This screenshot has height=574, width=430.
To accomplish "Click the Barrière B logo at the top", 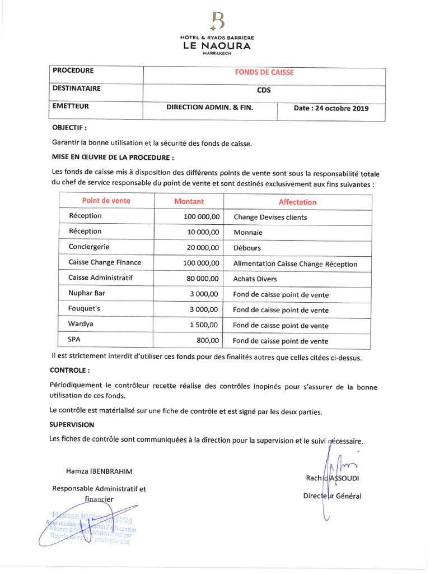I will click(x=217, y=21).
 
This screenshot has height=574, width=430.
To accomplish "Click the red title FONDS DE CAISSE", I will click(x=264, y=72).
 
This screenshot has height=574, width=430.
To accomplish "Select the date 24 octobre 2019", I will click(x=331, y=109).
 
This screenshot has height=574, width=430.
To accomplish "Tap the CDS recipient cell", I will click(x=264, y=90).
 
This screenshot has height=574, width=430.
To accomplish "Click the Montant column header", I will click(x=189, y=201).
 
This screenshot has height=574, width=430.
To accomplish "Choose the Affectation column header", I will click(x=297, y=202).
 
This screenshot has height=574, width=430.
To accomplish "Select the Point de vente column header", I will click(x=106, y=201).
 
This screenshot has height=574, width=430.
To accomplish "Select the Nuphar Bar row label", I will click(x=87, y=293).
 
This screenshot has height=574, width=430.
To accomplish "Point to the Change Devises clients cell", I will click(x=270, y=217).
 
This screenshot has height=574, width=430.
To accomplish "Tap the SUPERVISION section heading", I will click(x=72, y=425).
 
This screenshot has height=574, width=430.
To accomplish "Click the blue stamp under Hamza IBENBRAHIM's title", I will click(x=88, y=527).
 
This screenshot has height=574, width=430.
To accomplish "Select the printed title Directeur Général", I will click(x=332, y=496).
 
